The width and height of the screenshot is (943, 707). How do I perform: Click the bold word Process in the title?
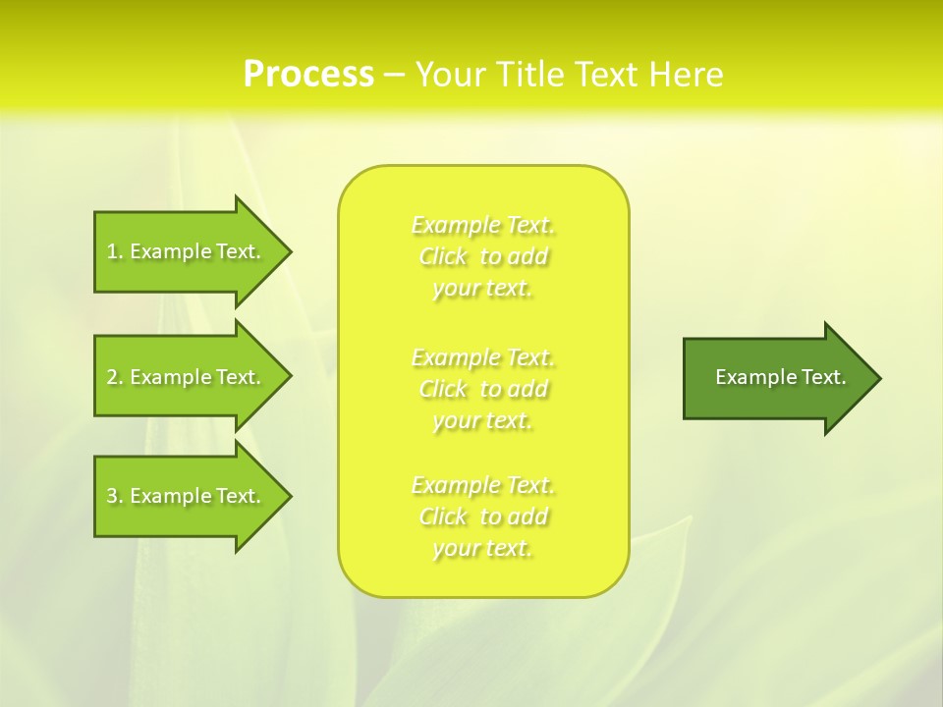308,75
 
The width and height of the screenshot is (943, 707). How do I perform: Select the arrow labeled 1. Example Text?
187,251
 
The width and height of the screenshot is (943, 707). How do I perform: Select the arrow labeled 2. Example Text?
187,377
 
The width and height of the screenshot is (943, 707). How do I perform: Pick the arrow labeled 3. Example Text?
187,496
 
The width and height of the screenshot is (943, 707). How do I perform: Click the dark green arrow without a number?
776,377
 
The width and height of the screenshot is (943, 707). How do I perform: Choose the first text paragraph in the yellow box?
483,256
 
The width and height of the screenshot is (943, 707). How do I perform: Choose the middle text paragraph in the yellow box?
483,389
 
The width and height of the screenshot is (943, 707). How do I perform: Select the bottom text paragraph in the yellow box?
483,517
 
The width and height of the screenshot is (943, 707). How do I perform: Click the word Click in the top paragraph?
443,257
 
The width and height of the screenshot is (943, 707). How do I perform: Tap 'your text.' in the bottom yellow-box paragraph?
482,549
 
